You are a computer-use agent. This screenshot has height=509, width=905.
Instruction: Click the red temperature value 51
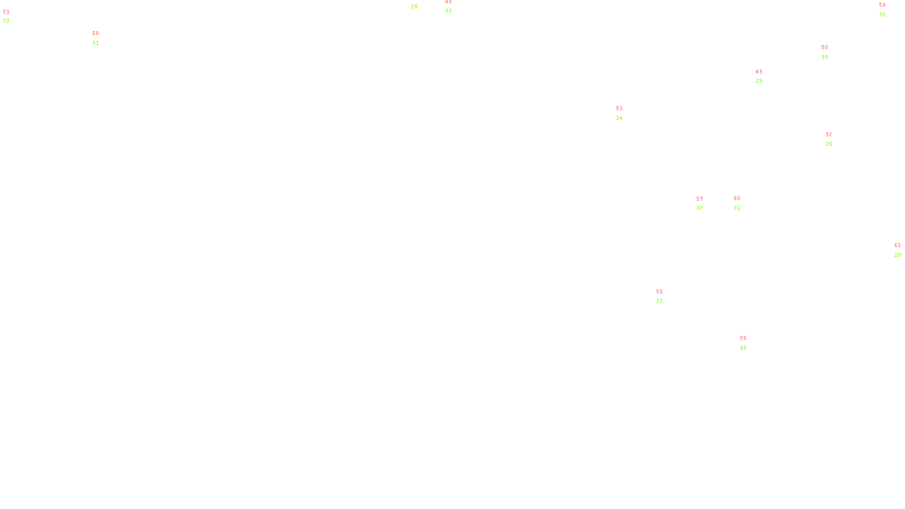6,12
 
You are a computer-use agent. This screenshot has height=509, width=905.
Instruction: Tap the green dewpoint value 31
96,43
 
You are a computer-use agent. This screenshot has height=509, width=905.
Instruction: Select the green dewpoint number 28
415,7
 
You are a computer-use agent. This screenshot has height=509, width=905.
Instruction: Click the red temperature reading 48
449,2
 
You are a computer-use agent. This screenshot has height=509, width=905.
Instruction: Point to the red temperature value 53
619,109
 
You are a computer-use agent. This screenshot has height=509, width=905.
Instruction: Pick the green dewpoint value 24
619,118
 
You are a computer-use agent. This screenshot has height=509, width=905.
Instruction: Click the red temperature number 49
759,72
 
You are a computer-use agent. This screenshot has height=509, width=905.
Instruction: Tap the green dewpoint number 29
759,81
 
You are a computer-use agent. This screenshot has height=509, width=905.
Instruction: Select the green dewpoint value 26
829,144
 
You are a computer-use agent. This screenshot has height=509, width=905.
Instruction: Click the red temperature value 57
700,199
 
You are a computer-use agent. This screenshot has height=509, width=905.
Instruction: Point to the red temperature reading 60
737,199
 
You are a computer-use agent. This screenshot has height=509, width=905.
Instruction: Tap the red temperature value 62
898,245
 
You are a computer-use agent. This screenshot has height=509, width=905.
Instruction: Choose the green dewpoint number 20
898,255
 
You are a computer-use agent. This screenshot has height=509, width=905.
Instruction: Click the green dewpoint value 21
660,301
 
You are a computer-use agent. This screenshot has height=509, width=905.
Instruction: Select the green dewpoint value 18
743,348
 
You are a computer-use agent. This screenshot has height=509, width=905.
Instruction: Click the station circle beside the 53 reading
624,114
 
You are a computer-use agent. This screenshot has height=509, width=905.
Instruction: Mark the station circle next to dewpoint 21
665,296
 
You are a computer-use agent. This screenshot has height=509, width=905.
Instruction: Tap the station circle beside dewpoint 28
420,3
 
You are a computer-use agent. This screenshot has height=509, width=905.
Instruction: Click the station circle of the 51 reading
12,16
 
